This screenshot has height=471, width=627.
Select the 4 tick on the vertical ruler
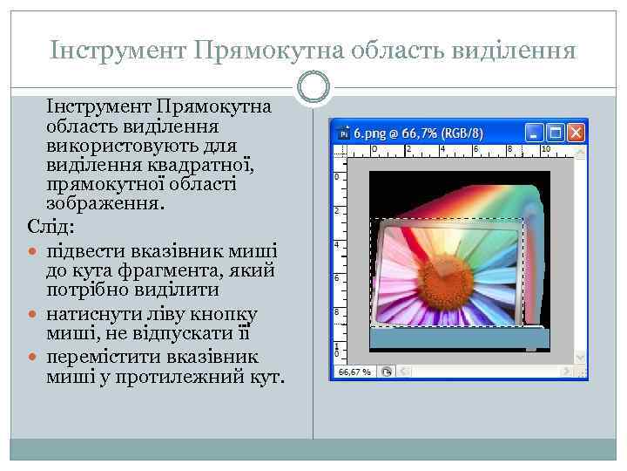pos(336,244)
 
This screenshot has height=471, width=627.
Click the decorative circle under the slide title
pos(313,87)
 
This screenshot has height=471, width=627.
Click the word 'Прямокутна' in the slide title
pos(262,51)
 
